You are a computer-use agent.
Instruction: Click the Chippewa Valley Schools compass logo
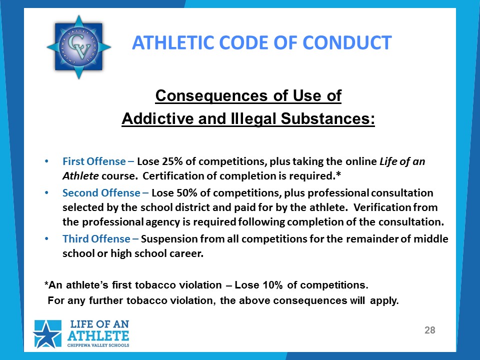pos(78,47)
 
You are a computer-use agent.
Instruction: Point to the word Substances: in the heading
pos(328,118)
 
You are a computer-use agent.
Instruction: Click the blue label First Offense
pos(94,161)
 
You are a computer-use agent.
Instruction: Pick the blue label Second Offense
pos(101,193)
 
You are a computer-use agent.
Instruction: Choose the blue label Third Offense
pos(96,239)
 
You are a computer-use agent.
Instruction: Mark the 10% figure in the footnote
pos(272,285)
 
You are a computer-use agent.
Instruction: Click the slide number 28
pos(430,330)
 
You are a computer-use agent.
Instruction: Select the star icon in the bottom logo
pos(47,334)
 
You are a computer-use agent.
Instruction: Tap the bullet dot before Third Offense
pos(46,239)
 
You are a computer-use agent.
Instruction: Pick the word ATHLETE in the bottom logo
pos(98,336)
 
